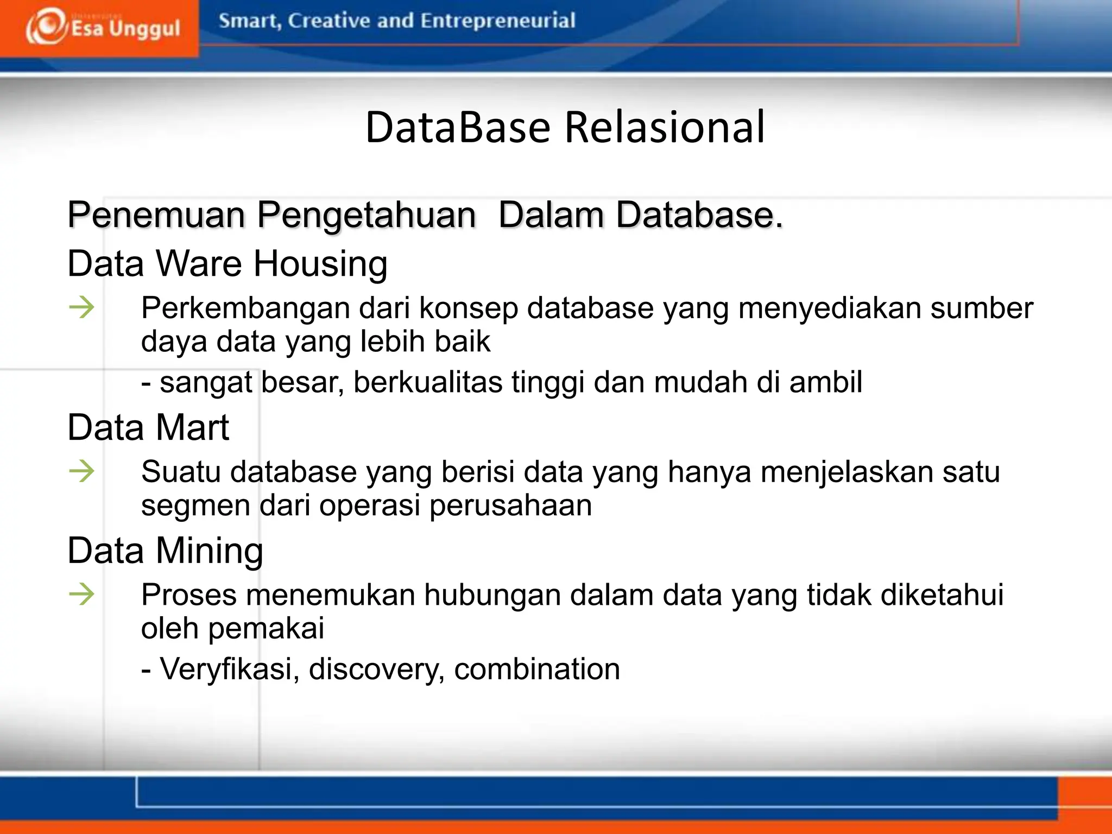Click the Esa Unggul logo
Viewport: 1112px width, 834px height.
point(102,27)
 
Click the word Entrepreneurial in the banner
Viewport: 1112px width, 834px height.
point(497,21)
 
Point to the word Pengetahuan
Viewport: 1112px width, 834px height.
point(367,216)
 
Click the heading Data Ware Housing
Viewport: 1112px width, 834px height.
point(227,264)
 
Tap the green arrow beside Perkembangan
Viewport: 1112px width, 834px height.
point(82,308)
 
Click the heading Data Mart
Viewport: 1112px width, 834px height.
point(148,427)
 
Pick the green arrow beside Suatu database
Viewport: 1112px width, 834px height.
point(82,471)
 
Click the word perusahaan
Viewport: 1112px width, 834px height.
point(510,506)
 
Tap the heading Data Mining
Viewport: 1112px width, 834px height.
point(165,551)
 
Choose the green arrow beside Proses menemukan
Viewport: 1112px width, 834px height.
point(82,594)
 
